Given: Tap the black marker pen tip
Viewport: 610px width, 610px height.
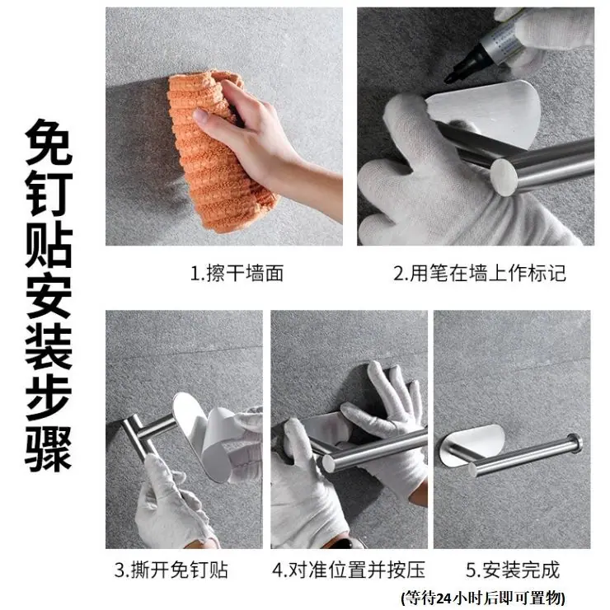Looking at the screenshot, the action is pyautogui.click(x=448, y=79).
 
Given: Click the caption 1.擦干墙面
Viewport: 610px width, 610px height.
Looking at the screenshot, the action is pyautogui.click(x=237, y=273).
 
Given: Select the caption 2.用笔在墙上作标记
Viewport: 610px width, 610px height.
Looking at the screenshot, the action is pyautogui.click(x=479, y=273).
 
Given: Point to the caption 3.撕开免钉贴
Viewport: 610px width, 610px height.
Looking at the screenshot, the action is pyautogui.click(x=171, y=570).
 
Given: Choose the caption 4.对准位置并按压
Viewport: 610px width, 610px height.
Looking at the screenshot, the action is pyautogui.click(x=349, y=570).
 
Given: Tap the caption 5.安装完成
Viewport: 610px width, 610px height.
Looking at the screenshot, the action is pyautogui.click(x=513, y=570).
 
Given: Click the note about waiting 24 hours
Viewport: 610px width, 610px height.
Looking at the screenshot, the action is pyautogui.click(x=483, y=597).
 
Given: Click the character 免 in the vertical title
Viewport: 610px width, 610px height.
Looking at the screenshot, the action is pyautogui.click(x=49, y=142).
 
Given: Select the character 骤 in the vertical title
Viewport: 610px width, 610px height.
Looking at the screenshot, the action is pyautogui.click(x=49, y=448).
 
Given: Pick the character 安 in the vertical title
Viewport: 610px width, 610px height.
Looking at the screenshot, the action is pyautogui.click(x=49, y=295).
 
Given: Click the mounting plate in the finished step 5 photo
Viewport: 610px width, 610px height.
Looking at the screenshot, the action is pyautogui.click(x=471, y=443).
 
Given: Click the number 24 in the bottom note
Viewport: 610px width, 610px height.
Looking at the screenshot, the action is pyautogui.click(x=444, y=598).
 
